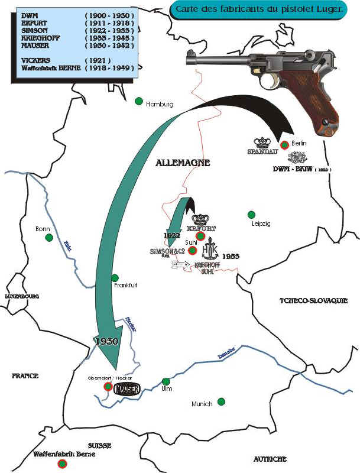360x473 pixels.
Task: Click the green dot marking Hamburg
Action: (139, 101)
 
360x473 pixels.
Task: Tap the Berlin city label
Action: (299, 143)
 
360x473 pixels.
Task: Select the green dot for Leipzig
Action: (251, 214)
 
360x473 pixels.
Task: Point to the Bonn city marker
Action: (49, 238)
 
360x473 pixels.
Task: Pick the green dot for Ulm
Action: (166, 381)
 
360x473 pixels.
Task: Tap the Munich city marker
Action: (221, 401)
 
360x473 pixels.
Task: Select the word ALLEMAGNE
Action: (183, 163)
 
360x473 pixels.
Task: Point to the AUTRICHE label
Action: (270, 459)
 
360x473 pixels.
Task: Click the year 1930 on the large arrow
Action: (105, 342)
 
